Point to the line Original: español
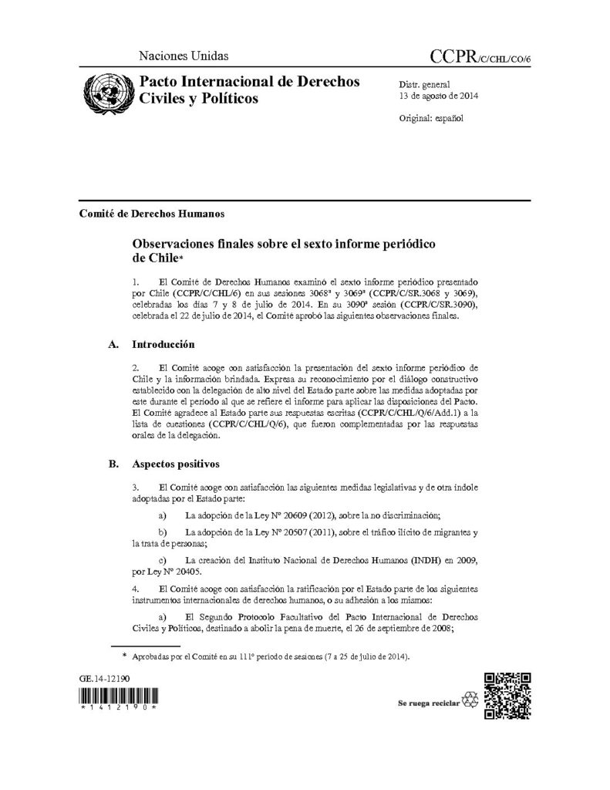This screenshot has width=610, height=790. click(431, 120)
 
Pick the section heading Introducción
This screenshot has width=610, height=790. click(163, 344)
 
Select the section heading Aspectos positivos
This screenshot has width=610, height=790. click(177, 464)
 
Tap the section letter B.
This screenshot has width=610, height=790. click(114, 464)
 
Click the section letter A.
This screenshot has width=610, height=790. click(114, 344)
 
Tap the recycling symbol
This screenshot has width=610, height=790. click(470, 703)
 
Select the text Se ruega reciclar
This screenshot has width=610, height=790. click(428, 704)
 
